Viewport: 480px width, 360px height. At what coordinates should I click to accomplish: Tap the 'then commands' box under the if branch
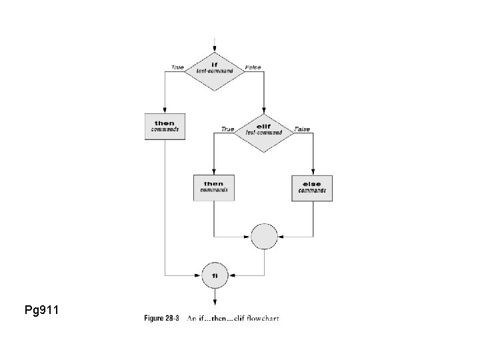(x=165, y=127)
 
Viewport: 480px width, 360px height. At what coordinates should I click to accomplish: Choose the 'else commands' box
(x=312, y=188)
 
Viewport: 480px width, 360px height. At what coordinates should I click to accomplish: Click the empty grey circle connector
(x=265, y=235)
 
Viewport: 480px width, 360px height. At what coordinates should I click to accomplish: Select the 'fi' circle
(x=215, y=274)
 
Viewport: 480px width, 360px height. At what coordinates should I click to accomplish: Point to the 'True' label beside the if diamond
(x=177, y=67)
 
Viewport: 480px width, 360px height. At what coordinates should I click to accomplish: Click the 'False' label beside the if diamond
(x=253, y=67)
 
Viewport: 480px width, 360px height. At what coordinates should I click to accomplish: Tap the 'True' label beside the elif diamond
(x=227, y=129)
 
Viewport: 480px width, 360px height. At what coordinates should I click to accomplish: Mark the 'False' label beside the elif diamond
(x=302, y=129)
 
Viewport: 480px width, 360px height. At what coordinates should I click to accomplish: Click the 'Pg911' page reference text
(x=42, y=310)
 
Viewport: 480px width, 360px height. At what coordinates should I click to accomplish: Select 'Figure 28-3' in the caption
(x=163, y=318)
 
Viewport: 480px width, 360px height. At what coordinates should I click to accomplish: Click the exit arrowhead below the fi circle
(x=215, y=303)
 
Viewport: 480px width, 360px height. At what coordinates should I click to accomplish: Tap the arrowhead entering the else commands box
(x=312, y=173)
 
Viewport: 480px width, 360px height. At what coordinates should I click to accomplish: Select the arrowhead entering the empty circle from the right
(x=280, y=235)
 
